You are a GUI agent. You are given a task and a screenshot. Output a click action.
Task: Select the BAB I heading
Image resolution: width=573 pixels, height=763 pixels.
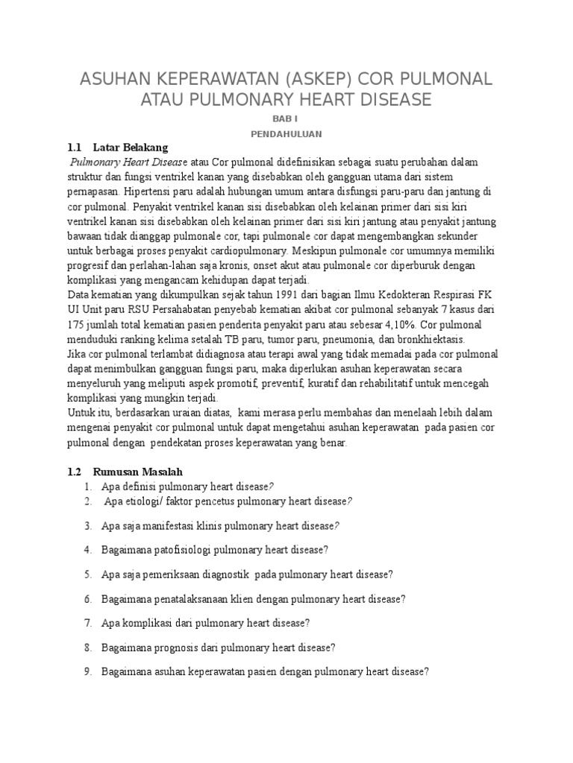(x=286, y=119)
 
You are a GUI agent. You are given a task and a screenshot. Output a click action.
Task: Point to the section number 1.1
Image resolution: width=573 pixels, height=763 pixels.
(x=75, y=148)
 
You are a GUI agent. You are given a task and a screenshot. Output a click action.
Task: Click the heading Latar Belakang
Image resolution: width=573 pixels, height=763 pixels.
(x=131, y=148)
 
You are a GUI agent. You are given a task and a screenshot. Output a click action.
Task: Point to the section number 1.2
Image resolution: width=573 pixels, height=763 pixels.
(x=75, y=472)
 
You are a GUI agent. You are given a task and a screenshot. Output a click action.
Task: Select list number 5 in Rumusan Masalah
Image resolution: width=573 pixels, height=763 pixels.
(x=87, y=574)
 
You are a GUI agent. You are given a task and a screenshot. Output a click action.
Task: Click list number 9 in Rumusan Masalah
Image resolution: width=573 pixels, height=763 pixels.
(x=87, y=671)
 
